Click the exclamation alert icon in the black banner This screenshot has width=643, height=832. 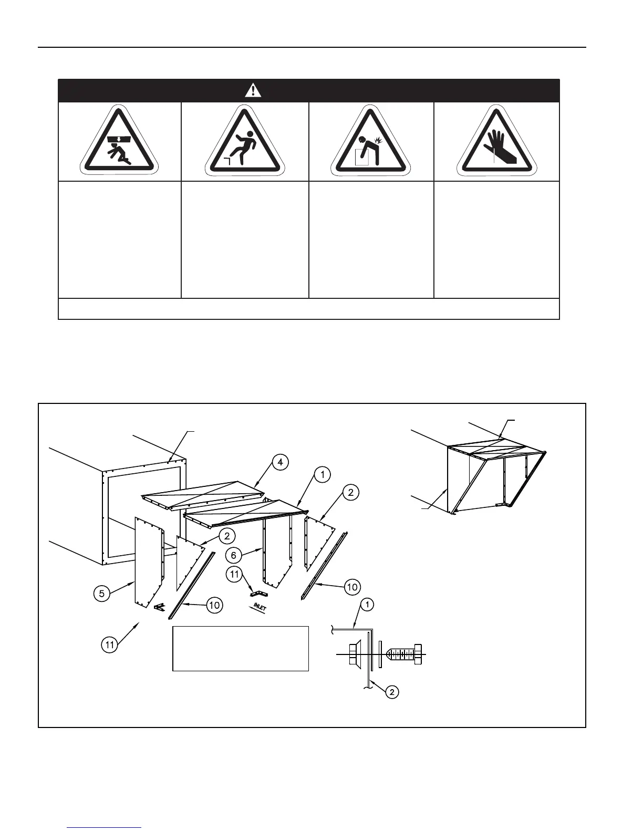coord(253,91)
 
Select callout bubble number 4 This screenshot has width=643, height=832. coord(281,462)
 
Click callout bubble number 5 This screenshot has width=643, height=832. coord(102,594)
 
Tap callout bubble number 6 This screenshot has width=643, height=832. coord(234,555)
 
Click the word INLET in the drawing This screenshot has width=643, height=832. coord(260,607)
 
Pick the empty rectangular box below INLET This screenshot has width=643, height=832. coord(240,648)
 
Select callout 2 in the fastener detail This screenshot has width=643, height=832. coord(392,692)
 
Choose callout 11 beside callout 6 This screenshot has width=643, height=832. coord(234,575)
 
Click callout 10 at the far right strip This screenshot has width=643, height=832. coord(352,587)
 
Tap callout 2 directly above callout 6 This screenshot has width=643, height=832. coord(227,536)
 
